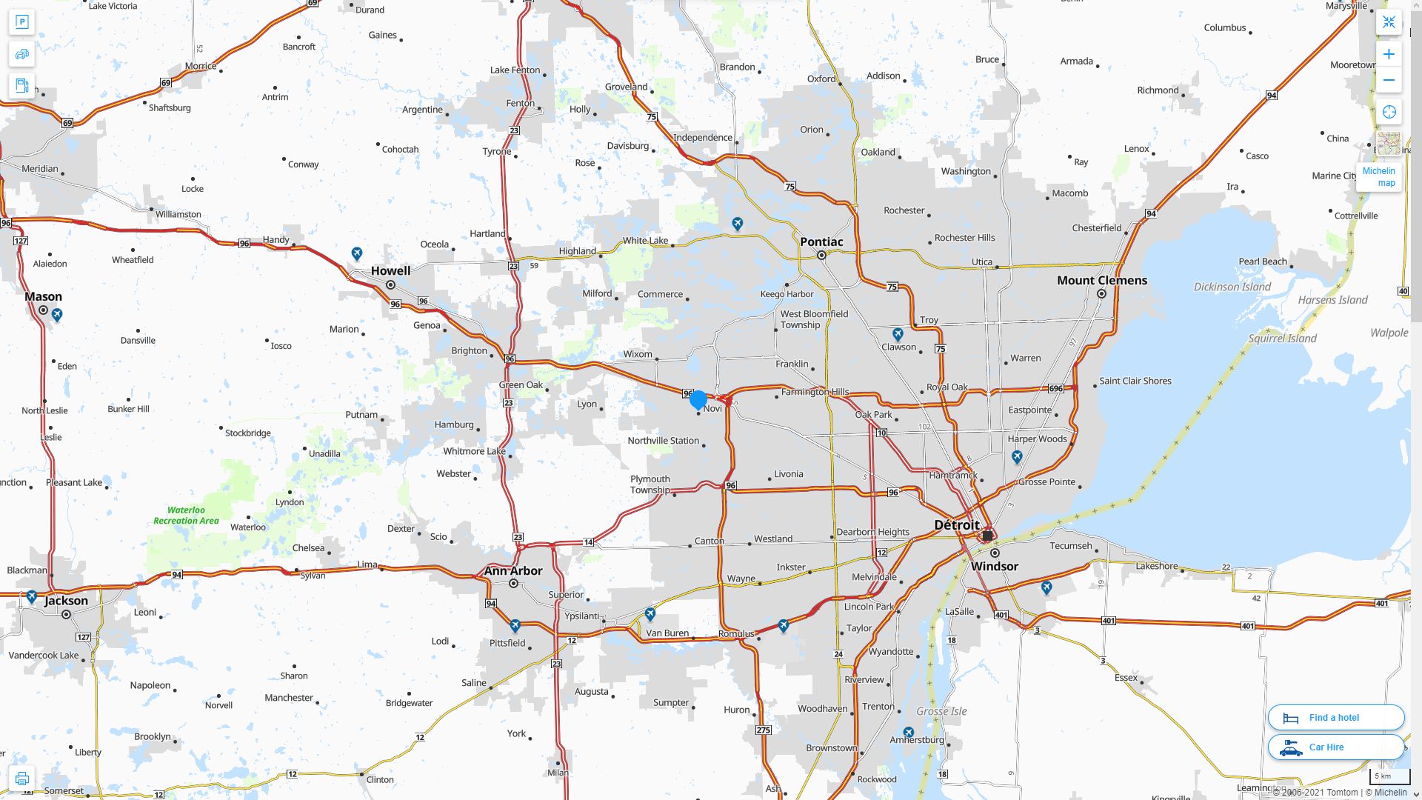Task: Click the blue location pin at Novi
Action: [x=698, y=399]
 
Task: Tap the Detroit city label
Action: [x=956, y=524]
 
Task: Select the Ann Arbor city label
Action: [x=513, y=570]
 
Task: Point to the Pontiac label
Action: [x=821, y=241]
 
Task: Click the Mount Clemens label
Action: [x=1101, y=280]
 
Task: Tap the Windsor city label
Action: [x=994, y=566]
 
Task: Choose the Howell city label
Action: [x=390, y=270]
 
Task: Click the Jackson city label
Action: [x=66, y=600]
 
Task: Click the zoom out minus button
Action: [x=1389, y=80]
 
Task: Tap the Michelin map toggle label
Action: [x=1378, y=176]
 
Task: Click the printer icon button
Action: [x=22, y=779]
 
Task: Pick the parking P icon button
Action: [x=22, y=22]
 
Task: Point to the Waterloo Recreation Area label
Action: [x=186, y=515]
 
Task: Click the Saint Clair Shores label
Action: [x=1135, y=381]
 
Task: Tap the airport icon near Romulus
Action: [x=783, y=626]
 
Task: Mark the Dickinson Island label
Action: [x=1232, y=287]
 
